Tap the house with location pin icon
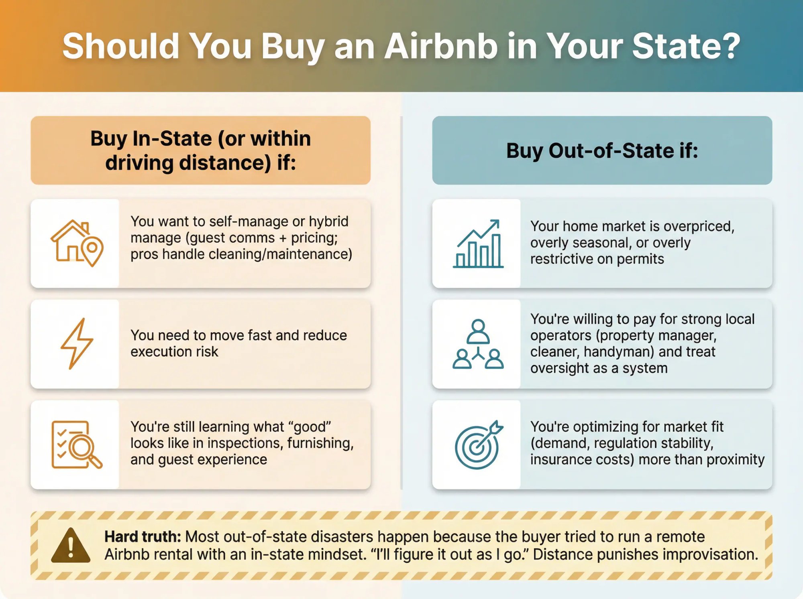click(77, 243)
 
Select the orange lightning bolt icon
click(77, 343)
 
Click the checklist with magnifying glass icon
click(77, 445)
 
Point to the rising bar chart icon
click(478, 244)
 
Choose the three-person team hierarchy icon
click(478, 344)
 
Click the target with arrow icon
click(478, 445)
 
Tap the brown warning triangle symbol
click(71, 545)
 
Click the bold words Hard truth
click(143, 536)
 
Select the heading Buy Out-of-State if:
click(602, 151)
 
